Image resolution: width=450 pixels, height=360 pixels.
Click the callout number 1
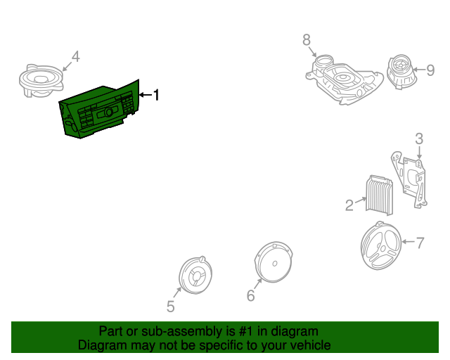coord(157,94)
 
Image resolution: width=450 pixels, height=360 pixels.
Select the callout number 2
coord(349,205)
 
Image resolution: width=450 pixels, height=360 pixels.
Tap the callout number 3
coord(418,139)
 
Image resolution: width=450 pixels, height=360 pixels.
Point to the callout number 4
coord(75,56)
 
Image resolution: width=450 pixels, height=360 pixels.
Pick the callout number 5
coord(170,306)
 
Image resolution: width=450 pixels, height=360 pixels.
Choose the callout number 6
coord(250,296)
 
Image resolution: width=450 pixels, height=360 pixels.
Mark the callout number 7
coord(420,243)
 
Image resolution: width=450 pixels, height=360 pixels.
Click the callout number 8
coord(307,41)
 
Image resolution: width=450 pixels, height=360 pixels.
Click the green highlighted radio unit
coord(102,111)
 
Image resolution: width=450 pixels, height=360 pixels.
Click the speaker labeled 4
coord(39,79)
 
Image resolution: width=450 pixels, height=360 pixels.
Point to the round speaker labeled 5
coord(193,274)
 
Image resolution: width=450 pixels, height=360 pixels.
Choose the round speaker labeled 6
coord(273,262)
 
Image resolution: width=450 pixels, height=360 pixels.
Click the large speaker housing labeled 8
coord(345,79)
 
